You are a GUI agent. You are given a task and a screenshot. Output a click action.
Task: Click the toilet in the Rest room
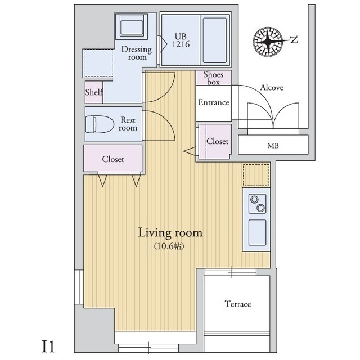click(100, 124)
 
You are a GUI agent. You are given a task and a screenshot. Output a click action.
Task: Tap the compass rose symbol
click(268, 41)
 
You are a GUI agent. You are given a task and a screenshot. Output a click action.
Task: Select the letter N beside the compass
click(294, 39)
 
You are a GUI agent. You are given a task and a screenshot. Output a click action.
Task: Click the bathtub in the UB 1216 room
click(215, 40)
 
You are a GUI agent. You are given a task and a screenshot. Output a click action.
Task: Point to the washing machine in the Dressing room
click(132, 25)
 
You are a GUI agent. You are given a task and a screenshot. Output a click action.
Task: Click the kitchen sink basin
click(258, 232)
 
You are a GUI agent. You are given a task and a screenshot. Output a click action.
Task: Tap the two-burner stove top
click(258, 204)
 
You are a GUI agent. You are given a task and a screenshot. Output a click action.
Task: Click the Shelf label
click(94, 92)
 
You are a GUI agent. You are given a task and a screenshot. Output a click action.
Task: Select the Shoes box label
click(213, 78)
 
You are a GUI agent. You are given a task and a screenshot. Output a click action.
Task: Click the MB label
click(273, 146)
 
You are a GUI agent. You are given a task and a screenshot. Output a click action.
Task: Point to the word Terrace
click(237, 304)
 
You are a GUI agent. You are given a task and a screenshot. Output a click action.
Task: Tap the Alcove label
click(272, 87)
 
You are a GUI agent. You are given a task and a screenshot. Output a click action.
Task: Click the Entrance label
click(214, 102)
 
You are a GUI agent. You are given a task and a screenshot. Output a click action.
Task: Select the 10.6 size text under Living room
click(169, 246)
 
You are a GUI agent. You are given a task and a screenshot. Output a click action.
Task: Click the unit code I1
click(48, 346)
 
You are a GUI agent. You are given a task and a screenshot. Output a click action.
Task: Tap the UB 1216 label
click(181, 40)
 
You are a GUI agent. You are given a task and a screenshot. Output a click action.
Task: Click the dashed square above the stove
click(256, 175)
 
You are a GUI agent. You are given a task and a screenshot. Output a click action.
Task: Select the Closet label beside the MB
click(217, 141)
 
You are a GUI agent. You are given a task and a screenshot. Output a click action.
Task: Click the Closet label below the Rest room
click(113, 159)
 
